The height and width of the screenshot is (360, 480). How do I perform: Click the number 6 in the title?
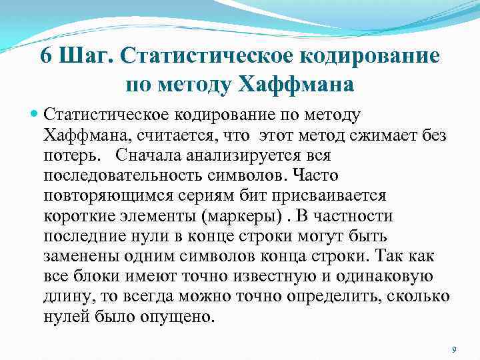47,56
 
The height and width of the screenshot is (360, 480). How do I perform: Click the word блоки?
95,276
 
